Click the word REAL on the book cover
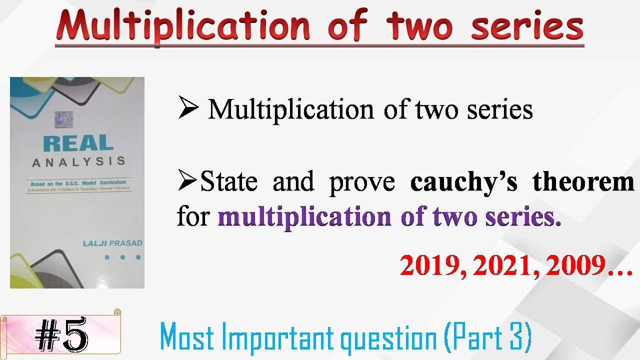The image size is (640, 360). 78,143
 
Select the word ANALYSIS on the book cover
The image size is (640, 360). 78,162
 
